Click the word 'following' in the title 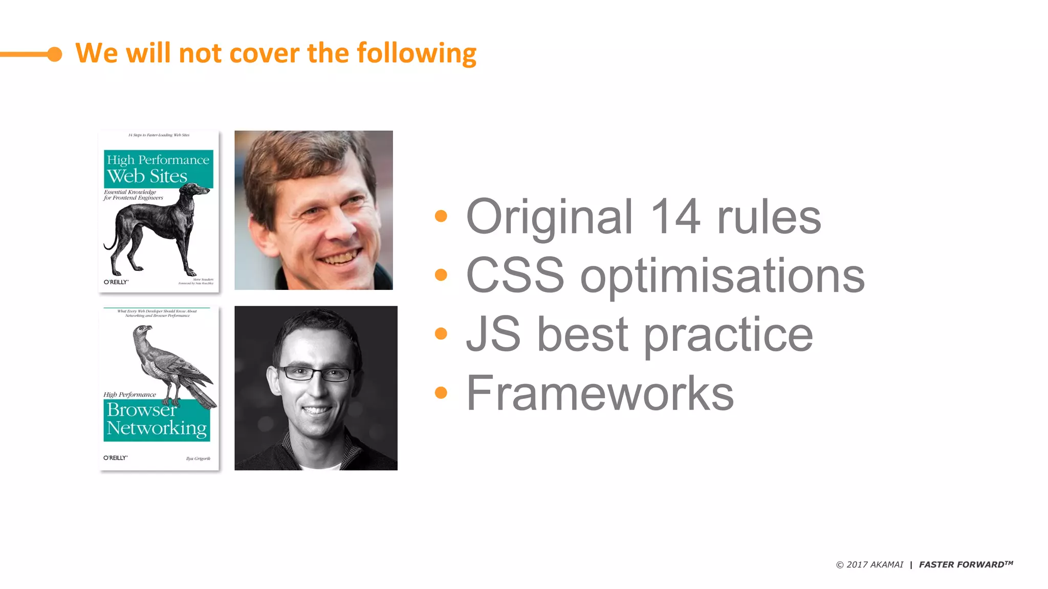[416, 54]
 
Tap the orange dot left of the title [54, 54]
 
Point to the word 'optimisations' [722, 276]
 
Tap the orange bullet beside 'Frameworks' [441, 393]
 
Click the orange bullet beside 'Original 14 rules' [441, 216]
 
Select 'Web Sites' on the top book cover [147, 176]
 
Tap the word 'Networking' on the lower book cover [157, 428]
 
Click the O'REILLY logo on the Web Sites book [116, 282]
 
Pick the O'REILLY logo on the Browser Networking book [116, 458]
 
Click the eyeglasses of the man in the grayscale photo [316, 374]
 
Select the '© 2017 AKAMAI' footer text [869, 564]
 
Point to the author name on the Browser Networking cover [198, 459]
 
